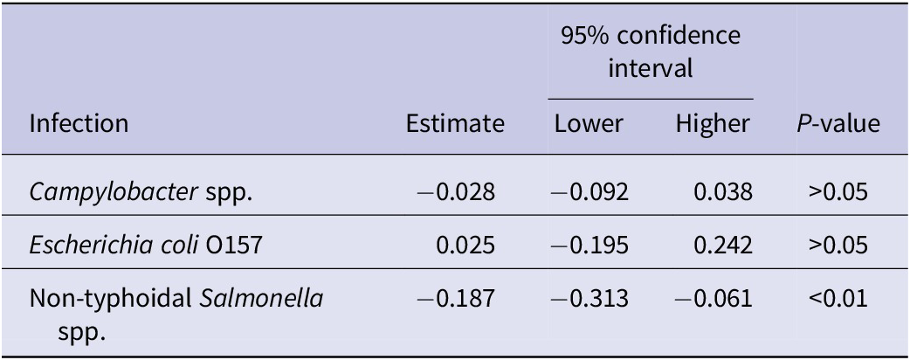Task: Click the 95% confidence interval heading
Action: tap(651, 52)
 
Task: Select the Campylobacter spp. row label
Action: tap(141, 191)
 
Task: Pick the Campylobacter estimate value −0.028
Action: tap(465, 191)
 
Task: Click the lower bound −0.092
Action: tap(589, 191)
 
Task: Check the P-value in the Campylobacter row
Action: tap(838, 191)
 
